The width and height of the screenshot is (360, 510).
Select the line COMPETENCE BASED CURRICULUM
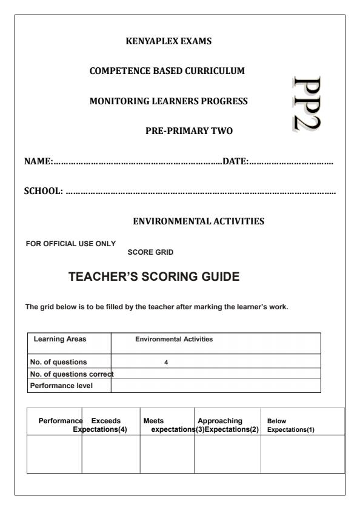tap(167, 71)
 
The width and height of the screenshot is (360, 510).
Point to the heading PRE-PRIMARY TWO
tap(189, 130)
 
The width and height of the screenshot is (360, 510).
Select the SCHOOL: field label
tap(43, 192)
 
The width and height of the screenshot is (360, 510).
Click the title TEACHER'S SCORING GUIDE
tap(155, 277)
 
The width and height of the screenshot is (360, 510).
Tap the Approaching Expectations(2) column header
tap(227, 424)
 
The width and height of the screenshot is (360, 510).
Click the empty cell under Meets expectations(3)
tap(167, 454)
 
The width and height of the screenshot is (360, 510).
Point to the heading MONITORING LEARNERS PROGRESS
tap(168, 101)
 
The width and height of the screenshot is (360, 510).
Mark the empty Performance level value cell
tap(216, 385)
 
